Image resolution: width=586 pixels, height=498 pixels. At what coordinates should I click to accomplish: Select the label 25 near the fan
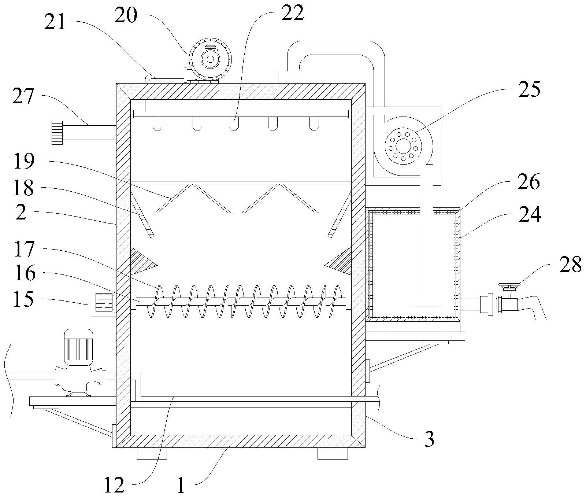(x=529, y=89)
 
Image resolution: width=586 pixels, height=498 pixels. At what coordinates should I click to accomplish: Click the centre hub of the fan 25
(x=403, y=147)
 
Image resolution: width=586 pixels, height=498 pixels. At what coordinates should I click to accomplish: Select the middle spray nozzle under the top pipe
(x=232, y=123)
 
